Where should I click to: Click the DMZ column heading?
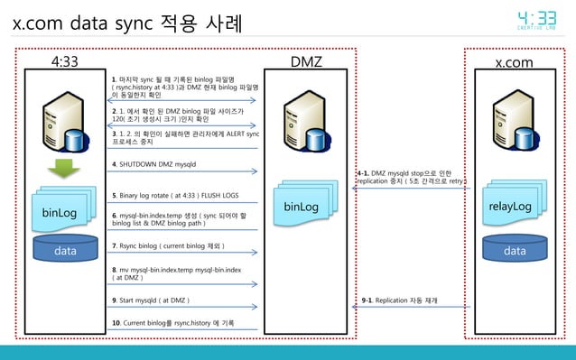(308, 61)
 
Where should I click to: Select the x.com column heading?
(515, 61)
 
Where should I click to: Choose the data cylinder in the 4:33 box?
(64, 250)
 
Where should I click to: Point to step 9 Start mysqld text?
(150, 300)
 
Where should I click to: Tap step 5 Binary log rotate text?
(174, 195)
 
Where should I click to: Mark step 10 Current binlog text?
(172, 322)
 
